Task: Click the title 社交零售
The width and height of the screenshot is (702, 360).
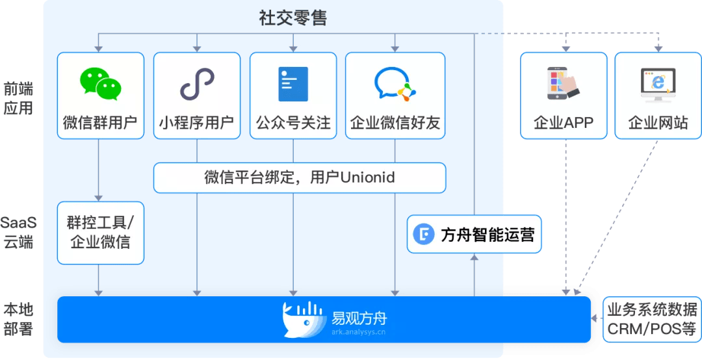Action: click(292, 17)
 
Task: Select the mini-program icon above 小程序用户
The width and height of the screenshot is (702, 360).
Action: click(196, 84)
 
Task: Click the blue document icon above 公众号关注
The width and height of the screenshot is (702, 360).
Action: click(292, 84)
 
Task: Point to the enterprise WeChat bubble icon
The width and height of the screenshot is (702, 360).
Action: click(394, 84)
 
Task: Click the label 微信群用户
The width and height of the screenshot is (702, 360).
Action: click(100, 123)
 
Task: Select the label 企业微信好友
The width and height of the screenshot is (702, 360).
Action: click(395, 123)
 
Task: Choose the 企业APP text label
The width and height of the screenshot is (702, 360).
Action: click(563, 123)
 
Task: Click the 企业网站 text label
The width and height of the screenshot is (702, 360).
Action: click(658, 123)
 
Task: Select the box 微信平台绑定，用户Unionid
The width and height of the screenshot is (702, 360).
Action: click(299, 177)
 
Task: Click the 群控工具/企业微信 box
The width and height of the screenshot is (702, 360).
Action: click(100, 233)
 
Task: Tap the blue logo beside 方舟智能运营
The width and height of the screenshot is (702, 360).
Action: click(425, 235)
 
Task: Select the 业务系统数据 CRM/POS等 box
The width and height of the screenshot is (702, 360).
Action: click(652, 319)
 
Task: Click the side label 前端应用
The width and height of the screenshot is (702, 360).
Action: click(18, 98)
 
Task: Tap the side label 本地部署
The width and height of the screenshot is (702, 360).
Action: click(18, 318)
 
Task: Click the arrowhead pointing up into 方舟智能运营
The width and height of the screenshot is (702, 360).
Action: click(474, 257)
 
